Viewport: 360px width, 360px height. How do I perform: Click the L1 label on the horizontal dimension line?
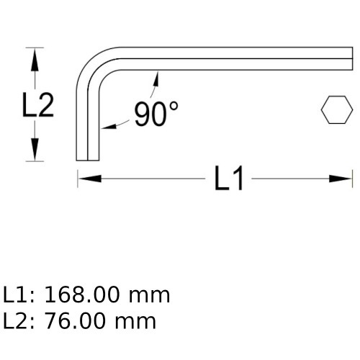point(230,179)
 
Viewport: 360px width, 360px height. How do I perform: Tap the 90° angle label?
point(156,114)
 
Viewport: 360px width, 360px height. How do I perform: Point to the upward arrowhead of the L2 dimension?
point(32,56)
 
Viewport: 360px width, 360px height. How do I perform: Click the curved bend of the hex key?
point(94,65)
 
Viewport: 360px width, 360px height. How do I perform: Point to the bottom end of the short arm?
point(87,160)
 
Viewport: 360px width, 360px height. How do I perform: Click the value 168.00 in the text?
point(84,294)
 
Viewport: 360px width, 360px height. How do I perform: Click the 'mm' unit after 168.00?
point(150,294)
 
